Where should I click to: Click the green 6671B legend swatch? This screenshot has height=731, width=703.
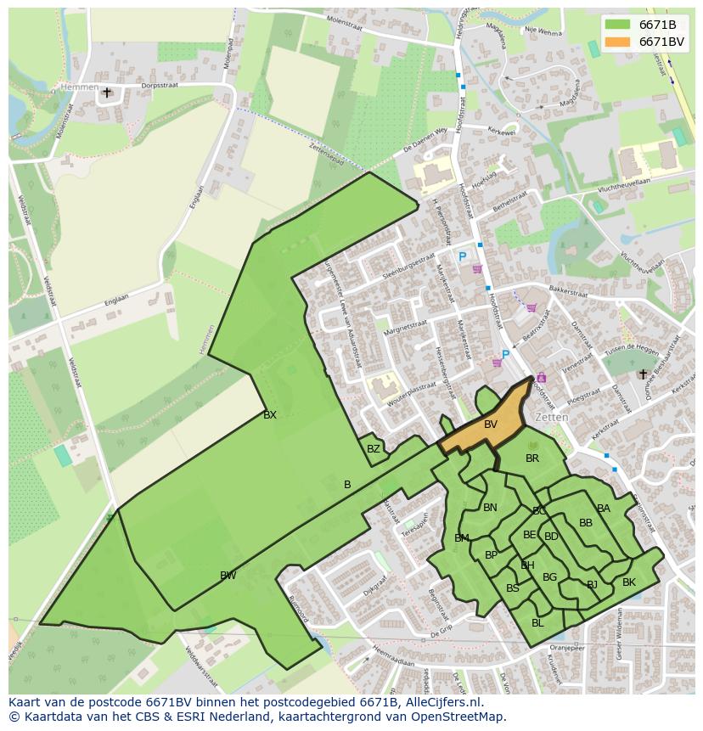click(x=617, y=25)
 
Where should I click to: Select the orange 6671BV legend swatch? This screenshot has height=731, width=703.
click(x=617, y=42)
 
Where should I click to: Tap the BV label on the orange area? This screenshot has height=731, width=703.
click(x=491, y=425)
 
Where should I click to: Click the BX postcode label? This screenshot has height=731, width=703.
click(x=270, y=415)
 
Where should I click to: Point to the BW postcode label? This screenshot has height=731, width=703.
click(x=228, y=576)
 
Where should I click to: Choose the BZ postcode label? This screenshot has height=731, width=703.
click(x=374, y=449)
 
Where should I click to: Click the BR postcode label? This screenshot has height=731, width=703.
click(x=532, y=458)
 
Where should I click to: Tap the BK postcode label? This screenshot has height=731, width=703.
click(x=628, y=582)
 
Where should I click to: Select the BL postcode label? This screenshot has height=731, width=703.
click(x=537, y=623)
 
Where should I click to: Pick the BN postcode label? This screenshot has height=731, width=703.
click(x=490, y=508)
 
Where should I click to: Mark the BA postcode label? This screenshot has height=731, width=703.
click(x=604, y=509)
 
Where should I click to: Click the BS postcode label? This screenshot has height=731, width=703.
click(x=512, y=588)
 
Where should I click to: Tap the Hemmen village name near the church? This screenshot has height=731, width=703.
click(x=79, y=87)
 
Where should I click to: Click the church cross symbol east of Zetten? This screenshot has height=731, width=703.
click(x=643, y=374)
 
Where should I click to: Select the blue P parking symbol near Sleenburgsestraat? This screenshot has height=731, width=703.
click(x=463, y=257)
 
